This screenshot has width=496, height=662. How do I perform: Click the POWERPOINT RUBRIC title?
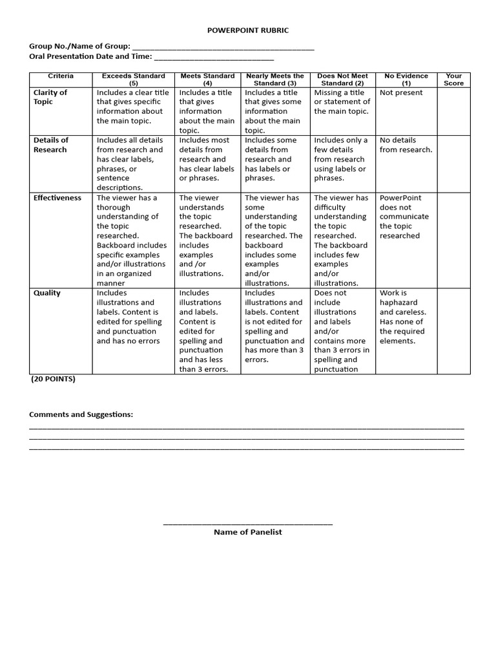[248, 30]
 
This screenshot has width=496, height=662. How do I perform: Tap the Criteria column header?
[61, 76]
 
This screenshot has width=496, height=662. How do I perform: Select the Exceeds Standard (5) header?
[134, 80]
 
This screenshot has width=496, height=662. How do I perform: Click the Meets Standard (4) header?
[207, 80]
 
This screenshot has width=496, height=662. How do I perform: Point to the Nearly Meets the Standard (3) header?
[275, 80]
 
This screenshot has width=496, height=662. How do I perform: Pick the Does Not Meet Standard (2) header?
[342, 80]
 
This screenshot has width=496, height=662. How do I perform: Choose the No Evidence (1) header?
[406, 80]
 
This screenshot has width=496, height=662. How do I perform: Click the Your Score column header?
[453, 80]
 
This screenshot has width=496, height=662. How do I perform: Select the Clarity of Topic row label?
[50, 97]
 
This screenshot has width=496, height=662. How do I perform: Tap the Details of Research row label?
[51, 145]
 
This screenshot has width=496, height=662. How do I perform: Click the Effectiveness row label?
[57, 198]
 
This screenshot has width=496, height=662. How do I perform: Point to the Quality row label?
[47, 293]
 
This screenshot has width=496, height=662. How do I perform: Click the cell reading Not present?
[401, 92]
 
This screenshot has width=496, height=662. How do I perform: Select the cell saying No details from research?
[406, 145]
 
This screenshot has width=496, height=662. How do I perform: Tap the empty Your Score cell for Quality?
[453, 330]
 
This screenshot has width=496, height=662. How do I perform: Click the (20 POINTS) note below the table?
[54, 379]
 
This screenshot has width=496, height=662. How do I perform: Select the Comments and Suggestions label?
[81, 414]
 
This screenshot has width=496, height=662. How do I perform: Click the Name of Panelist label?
[248, 532]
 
